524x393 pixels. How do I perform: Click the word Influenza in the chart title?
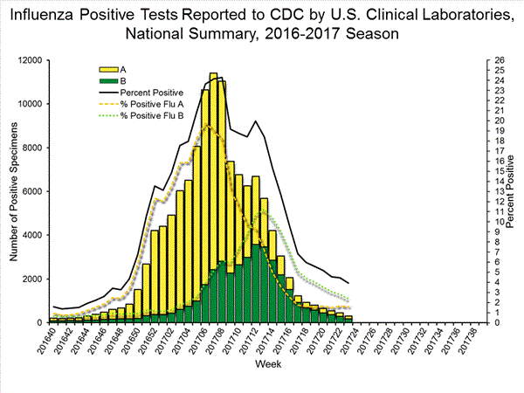pyautogui.click(x=45, y=14)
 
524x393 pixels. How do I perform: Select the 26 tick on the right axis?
pyautogui.click(x=496, y=60)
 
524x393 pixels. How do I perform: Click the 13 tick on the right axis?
pyautogui.click(x=496, y=191)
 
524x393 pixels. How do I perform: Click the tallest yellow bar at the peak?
pyautogui.click(x=213, y=175)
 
